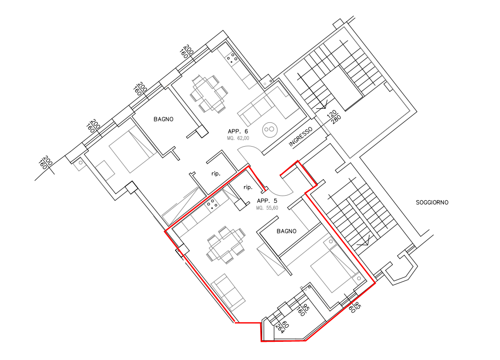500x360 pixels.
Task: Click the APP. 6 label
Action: [237, 131]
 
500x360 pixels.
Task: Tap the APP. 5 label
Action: [267, 201]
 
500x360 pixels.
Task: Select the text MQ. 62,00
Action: [238, 138]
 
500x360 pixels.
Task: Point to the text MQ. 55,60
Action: [267, 208]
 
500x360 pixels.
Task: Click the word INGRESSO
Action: [301, 137]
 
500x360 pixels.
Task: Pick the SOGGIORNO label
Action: [432, 202]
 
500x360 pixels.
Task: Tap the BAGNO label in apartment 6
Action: [163, 119]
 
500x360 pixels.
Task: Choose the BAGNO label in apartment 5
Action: [286, 231]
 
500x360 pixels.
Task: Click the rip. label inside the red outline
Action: [248, 187]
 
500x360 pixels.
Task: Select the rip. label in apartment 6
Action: [216, 174]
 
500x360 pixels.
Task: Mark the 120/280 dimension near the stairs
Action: [334, 117]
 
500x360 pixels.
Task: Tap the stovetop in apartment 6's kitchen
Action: [232, 58]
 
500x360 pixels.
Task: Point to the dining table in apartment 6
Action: [209, 94]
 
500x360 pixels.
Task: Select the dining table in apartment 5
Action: [226, 245]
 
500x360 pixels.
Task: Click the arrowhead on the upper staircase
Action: [323, 105]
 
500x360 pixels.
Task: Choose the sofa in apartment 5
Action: [228, 292]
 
